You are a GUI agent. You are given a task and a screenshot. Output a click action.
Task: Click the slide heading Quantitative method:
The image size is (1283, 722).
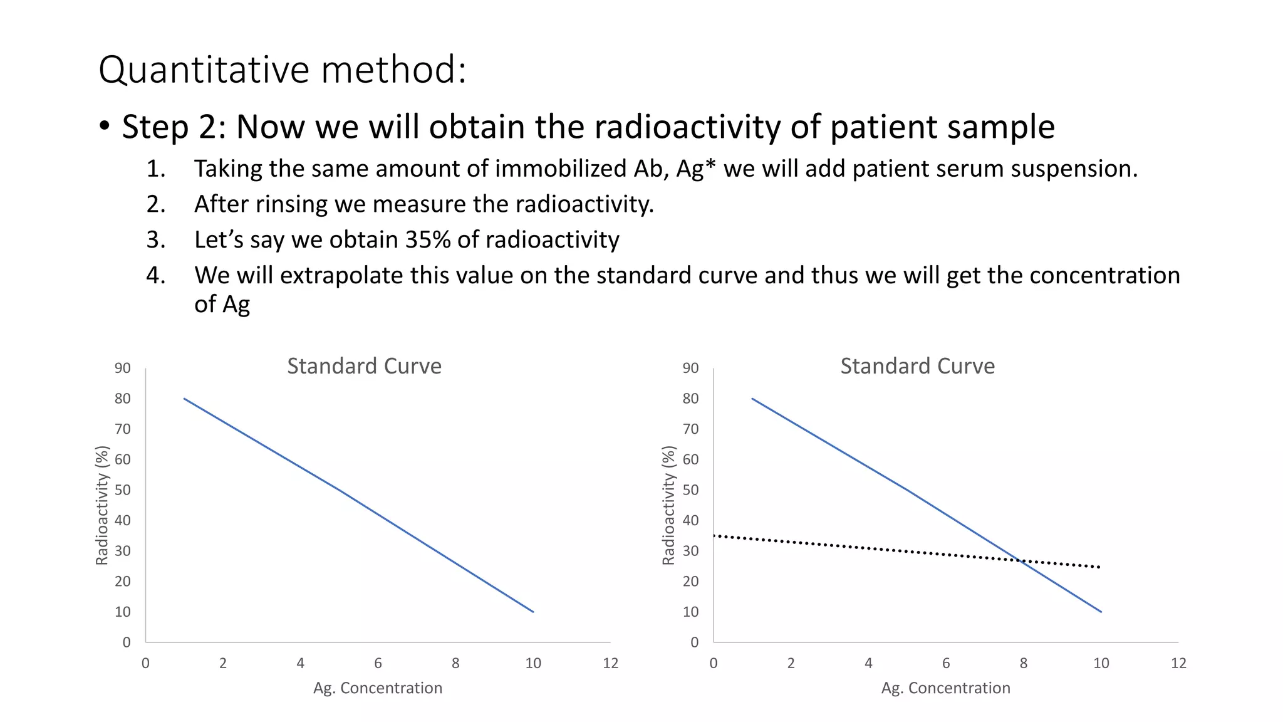click(x=282, y=70)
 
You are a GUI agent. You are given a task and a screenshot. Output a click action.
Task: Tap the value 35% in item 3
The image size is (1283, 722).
click(x=427, y=240)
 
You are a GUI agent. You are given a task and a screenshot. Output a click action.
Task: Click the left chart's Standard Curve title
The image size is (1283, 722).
click(x=364, y=366)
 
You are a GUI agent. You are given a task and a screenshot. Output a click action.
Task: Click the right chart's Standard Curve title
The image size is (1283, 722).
click(x=917, y=366)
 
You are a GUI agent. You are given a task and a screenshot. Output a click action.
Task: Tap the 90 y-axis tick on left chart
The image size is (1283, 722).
click(x=123, y=369)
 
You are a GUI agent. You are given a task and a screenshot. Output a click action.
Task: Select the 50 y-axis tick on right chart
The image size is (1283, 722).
click(x=690, y=490)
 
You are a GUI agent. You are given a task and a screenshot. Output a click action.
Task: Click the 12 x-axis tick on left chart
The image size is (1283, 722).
click(x=610, y=663)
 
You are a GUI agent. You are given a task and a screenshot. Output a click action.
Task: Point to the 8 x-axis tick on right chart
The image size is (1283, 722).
click(x=1024, y=663)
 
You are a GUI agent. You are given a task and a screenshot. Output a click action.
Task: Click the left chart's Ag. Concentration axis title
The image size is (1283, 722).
click(x=378, y=688)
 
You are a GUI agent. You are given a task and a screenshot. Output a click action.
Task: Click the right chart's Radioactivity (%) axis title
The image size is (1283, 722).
click(x=669, y=505)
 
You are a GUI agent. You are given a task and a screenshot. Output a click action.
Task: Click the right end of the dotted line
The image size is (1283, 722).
click(x=1099, y=567)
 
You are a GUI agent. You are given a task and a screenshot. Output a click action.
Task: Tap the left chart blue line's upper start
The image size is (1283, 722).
click(x=184, y=399)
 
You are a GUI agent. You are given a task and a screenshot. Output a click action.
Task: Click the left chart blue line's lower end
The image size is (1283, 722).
click(x=533, y=612)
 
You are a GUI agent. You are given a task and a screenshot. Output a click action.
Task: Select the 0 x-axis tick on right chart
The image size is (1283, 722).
click(x=714, y=663)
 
